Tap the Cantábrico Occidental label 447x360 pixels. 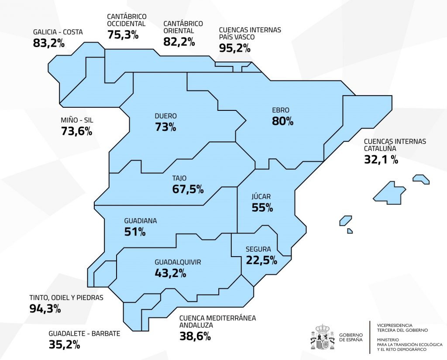tap(127, 20)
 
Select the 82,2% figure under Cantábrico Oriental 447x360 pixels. tap(179, 41)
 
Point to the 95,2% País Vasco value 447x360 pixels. tap(235, 48)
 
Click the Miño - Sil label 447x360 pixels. tap(77, 120)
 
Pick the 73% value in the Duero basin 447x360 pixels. tap(165, 127)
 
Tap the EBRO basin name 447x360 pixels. tap(280, 110)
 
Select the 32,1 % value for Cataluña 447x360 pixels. tap(381, 159)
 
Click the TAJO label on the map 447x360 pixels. tap(179, 178)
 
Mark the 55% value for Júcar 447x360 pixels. tap(262, 207)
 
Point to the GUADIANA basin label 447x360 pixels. tap(140, 221)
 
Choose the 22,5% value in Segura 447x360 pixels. tap(261, 260)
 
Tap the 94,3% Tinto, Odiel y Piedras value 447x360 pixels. tap(45, 309)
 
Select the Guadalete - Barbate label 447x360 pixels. tap(84, 334)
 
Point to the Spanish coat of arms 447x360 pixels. tap(322, 337)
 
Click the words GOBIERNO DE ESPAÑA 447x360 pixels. tap(350, 337)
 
